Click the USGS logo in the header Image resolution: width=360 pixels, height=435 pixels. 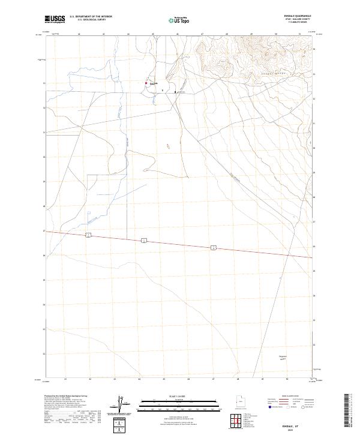55,19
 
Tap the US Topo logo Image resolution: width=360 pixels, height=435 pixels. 176,20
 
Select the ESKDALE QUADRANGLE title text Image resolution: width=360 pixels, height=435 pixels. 297,16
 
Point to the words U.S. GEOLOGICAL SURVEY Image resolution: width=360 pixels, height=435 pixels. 91,20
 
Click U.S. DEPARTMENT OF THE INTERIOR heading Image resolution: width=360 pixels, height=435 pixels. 91,16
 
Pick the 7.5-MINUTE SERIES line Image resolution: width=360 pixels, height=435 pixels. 298,22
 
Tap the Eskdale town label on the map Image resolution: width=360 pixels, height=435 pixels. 153,83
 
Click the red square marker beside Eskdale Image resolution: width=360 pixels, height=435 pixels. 146,83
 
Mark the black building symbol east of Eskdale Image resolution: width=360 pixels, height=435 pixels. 175,92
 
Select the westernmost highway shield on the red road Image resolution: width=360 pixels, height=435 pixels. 88,234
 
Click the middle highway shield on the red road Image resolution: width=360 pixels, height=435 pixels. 144,240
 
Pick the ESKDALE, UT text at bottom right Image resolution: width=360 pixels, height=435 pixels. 297,422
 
